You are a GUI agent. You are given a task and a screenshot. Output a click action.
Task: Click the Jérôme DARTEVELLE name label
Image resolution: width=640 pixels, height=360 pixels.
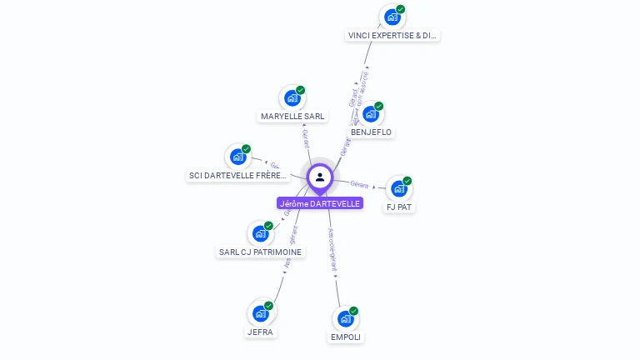pos(320,203)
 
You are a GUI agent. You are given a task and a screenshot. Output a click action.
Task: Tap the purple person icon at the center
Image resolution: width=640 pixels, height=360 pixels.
pos(320,177)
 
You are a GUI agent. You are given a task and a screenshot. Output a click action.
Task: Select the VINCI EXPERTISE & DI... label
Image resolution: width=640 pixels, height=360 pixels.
pos(392,36)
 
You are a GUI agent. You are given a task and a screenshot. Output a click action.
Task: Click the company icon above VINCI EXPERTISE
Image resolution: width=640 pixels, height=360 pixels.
pos(392,17)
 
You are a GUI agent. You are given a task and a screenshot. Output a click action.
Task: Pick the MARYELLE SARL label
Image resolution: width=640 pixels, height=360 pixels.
pos(292,117)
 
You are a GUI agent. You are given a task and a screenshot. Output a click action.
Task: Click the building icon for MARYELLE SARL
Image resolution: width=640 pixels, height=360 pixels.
pos(292,97)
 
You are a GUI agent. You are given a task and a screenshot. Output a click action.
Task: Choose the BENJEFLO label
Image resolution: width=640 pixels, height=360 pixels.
pos(371,132)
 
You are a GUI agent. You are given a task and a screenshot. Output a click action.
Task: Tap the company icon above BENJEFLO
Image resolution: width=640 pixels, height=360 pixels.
pos(371,113)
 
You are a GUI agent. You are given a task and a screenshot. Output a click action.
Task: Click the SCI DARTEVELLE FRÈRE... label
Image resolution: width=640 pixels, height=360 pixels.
pos(238,176)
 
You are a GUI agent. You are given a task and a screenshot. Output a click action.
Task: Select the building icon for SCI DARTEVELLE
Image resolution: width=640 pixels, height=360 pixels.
pos(238,156)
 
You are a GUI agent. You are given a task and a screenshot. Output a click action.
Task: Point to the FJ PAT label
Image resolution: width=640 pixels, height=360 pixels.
pos(399,207)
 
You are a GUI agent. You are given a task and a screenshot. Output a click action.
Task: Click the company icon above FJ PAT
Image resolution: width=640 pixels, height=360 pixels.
pos(399,188)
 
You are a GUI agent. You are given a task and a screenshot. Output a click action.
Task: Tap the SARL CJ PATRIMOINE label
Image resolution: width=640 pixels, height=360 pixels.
pos(261,252)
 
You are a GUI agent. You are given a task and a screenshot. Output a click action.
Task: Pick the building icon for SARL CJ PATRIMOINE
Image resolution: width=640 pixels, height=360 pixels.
pos(261,233)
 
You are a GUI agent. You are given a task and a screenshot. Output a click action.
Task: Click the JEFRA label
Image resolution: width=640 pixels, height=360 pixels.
pos(260,332)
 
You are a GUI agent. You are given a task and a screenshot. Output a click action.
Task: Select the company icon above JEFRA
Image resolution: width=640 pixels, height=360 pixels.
pos(261,313)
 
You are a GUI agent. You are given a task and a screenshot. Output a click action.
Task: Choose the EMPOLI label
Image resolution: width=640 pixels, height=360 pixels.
pos(346,337)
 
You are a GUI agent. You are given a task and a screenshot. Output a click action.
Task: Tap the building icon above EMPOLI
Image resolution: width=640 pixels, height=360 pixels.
pos(346,318)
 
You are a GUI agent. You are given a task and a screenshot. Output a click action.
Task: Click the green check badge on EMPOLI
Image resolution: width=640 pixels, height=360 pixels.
pos(353,311)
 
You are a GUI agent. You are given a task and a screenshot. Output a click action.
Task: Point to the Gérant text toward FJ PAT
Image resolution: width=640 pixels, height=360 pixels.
pos(359,184)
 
